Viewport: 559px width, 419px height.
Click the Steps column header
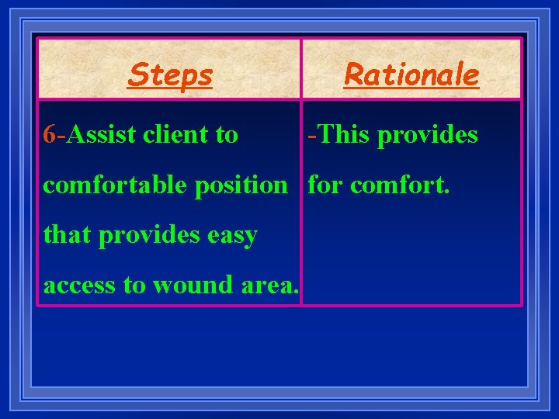pyautogui.click(x=170, y=75)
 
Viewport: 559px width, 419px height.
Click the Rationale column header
pyautogui.click(x=411, y=75)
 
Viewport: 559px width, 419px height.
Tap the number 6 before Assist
pyautogui.click(x=50, y=135)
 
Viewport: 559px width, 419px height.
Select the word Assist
pyautogui.click(x=102, y=135)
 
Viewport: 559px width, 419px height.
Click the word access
pyautogui.click(x=80, y=286)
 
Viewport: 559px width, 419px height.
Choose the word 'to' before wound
pyautogui.click(x=135, y=285)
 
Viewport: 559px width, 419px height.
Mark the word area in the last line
pyautogui.click(x=268, y=286)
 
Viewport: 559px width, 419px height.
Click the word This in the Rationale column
pyautogui.click(x=342, y=135)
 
